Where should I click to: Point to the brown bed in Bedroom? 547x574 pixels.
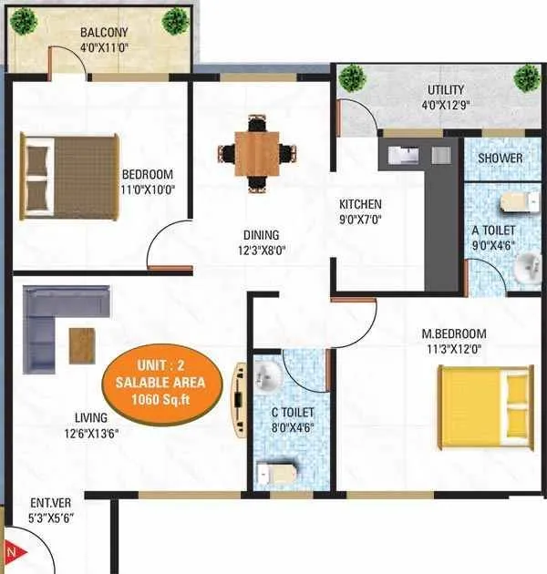click(69, 179)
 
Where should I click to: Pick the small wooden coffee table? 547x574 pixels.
click(81, 343)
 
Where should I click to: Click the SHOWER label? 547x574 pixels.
click(501, 158)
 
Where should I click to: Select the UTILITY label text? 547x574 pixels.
click(447, 90)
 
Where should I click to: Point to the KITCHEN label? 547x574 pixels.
click(361, 204)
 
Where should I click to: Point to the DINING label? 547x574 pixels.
click(261, 235)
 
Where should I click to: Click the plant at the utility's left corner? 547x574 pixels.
click(350, 78)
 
